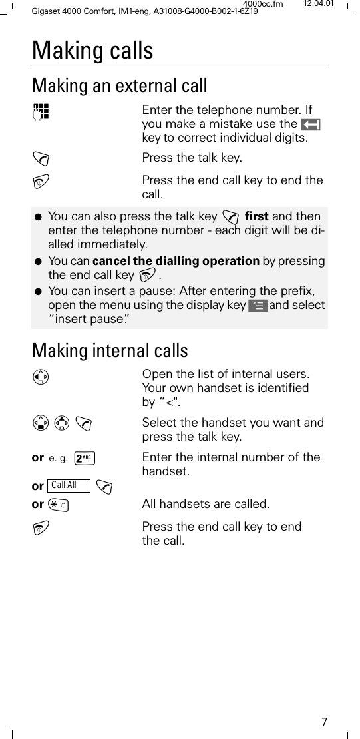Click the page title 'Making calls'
tap(92, 51)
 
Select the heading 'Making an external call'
tap(120, 86)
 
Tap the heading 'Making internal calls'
tap(110, 351)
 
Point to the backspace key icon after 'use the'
tap(311, 124)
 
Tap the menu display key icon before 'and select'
tap(257, 306)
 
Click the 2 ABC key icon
tap(85, 458)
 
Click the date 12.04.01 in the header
tap(319, 5)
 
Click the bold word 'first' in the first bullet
tap(257, 217)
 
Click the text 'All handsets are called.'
tap(206, 505)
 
